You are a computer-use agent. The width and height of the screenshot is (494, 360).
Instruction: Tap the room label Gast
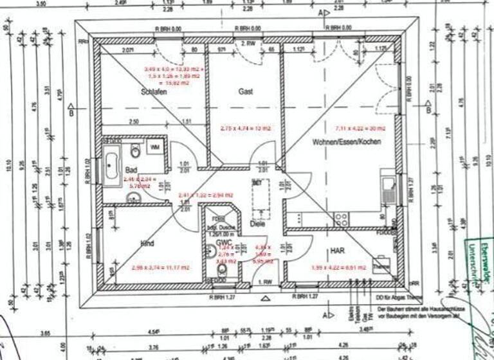point(245,91)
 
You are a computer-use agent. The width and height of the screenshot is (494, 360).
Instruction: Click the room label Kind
point(147,244)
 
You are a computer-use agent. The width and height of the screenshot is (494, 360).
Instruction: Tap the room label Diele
point(257,224)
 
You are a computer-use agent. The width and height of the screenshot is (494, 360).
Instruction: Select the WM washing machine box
point(155,148)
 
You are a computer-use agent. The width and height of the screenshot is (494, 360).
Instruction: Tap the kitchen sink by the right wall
point(388,188)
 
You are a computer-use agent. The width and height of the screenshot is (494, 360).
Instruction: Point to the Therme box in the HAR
point(381,266)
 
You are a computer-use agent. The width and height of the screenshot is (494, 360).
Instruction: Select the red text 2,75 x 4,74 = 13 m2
point(246,128)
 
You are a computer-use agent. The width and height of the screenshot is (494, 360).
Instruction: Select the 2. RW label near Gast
point(247,43)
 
